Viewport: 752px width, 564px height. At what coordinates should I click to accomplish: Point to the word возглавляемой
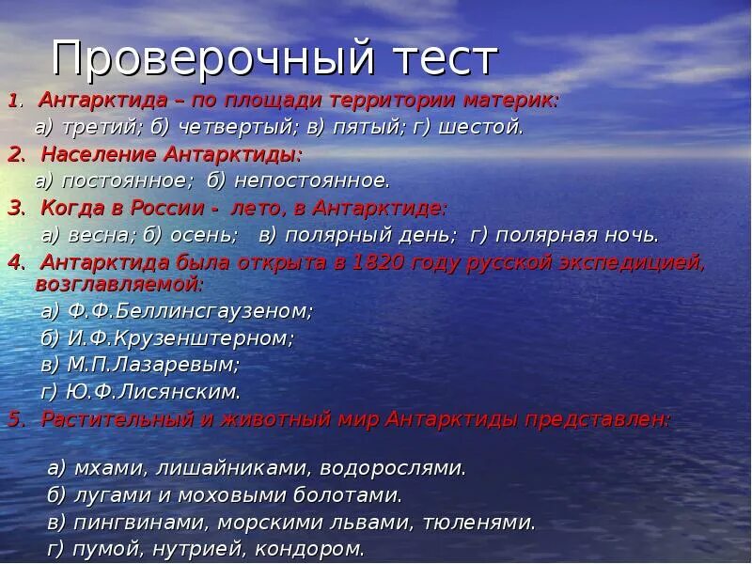coord(118,281)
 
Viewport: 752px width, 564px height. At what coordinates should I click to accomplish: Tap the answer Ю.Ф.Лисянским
coord(154,390)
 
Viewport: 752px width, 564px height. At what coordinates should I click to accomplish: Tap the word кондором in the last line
coord(316,548)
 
